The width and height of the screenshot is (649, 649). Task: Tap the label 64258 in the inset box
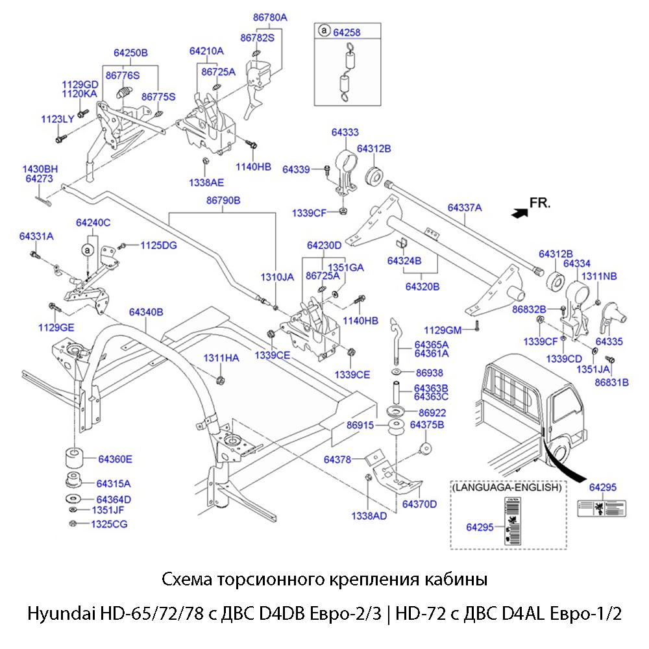(x=347, y=31)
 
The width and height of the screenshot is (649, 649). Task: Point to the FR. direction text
(x=540, y=202)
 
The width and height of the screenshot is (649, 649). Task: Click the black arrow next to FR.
(x=519, y=212)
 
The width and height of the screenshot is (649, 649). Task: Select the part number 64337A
(x=465, y=208)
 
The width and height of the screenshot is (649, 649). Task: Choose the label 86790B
(x=223, y=201)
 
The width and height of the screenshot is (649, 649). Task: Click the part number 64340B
(x=146, y=312)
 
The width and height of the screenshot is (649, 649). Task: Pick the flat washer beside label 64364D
(x=73, y=499)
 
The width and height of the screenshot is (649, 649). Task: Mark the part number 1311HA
(x=221, y=358)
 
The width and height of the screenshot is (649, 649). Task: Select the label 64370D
(x=419, y=504)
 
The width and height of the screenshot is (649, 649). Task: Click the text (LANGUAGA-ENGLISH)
(x=507, y=487)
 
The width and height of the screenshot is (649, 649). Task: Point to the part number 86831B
(x=611, y=382)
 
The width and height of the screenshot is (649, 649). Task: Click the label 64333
(x=345, y=132)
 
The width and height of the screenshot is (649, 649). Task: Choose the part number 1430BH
(x=40, y=169)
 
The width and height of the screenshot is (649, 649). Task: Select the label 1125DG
(x=158, y=245)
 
